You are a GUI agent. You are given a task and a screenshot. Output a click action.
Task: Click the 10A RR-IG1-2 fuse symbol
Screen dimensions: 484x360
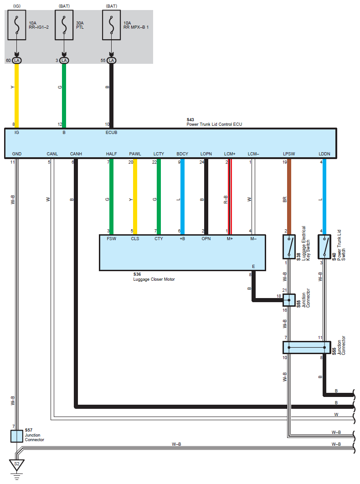17,27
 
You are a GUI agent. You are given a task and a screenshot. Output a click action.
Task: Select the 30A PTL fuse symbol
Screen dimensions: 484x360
64,27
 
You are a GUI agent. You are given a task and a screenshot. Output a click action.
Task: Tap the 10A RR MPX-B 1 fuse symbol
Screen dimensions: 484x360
111,27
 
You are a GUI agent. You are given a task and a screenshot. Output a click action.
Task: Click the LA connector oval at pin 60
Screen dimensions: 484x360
17,60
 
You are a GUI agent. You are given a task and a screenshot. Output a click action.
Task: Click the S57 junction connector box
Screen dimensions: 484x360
16,436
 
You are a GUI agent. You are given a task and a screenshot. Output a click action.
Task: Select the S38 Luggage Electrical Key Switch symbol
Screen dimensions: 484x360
288,247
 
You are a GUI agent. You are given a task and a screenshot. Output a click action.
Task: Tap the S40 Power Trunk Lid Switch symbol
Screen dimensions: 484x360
324,247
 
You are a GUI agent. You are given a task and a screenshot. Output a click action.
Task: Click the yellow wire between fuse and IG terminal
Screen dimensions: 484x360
17,96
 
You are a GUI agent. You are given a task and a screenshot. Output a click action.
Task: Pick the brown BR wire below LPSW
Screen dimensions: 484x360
288,196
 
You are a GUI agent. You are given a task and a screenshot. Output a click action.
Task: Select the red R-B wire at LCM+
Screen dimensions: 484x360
230,196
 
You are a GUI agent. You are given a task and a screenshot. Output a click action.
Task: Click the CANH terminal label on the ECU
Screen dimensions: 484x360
76,154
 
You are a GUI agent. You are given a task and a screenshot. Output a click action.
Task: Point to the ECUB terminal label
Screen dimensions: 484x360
112,133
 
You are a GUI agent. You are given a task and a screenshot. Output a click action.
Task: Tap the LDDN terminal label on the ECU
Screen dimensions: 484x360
324,154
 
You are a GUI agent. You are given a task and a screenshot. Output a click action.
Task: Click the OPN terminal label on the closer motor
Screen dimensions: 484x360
206,238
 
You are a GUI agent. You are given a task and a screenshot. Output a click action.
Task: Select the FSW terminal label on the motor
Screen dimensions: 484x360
111,238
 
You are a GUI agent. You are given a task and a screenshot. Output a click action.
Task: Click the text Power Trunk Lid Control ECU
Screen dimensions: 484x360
214,124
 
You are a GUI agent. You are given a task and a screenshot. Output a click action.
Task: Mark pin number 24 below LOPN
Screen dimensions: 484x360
201,162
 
